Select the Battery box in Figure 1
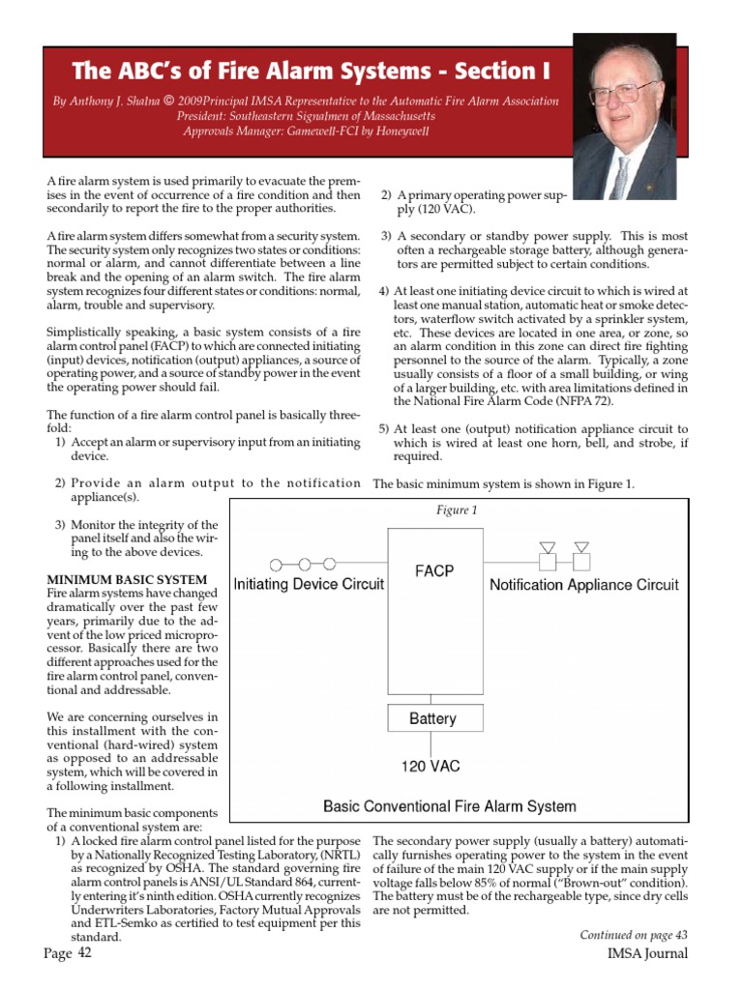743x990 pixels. point(432,718)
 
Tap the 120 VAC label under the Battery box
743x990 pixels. point(431,767)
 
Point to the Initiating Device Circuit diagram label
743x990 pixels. point(310,584)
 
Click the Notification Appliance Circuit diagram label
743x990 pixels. point(583,585)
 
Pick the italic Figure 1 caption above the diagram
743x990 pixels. point(457,510)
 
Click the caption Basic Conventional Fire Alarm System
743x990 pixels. point(449,805)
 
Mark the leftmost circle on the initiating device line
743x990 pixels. point(277,563)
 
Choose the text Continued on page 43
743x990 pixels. point(634,934)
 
